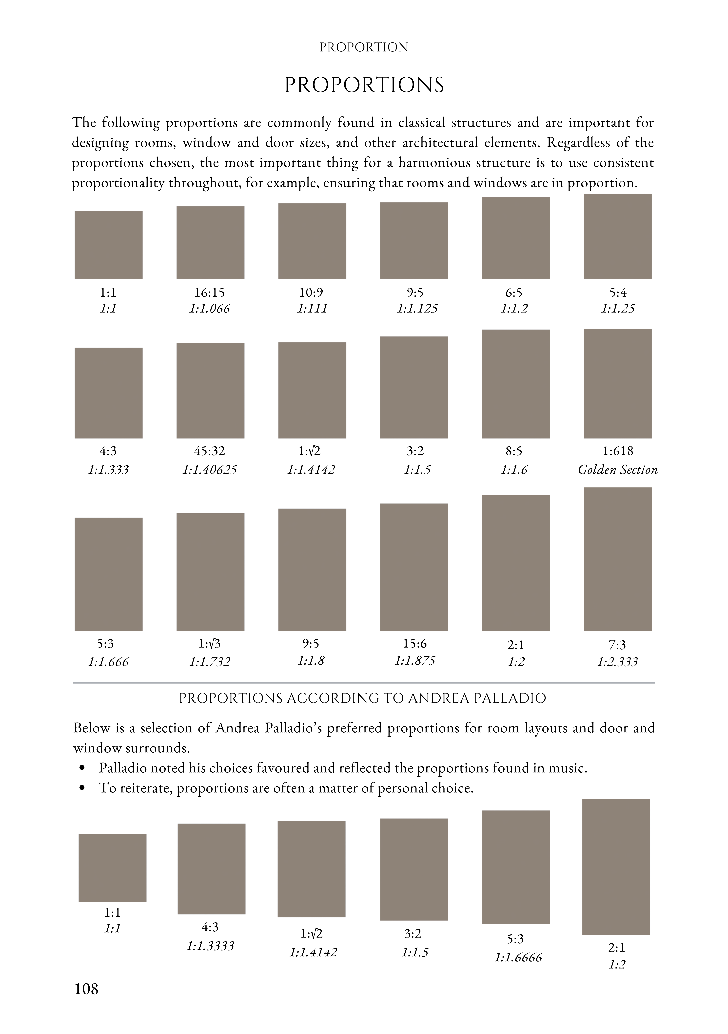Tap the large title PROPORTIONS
(x=364, y=85)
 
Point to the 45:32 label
(x=210, y=451)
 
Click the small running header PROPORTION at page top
(x=364, y=47)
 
